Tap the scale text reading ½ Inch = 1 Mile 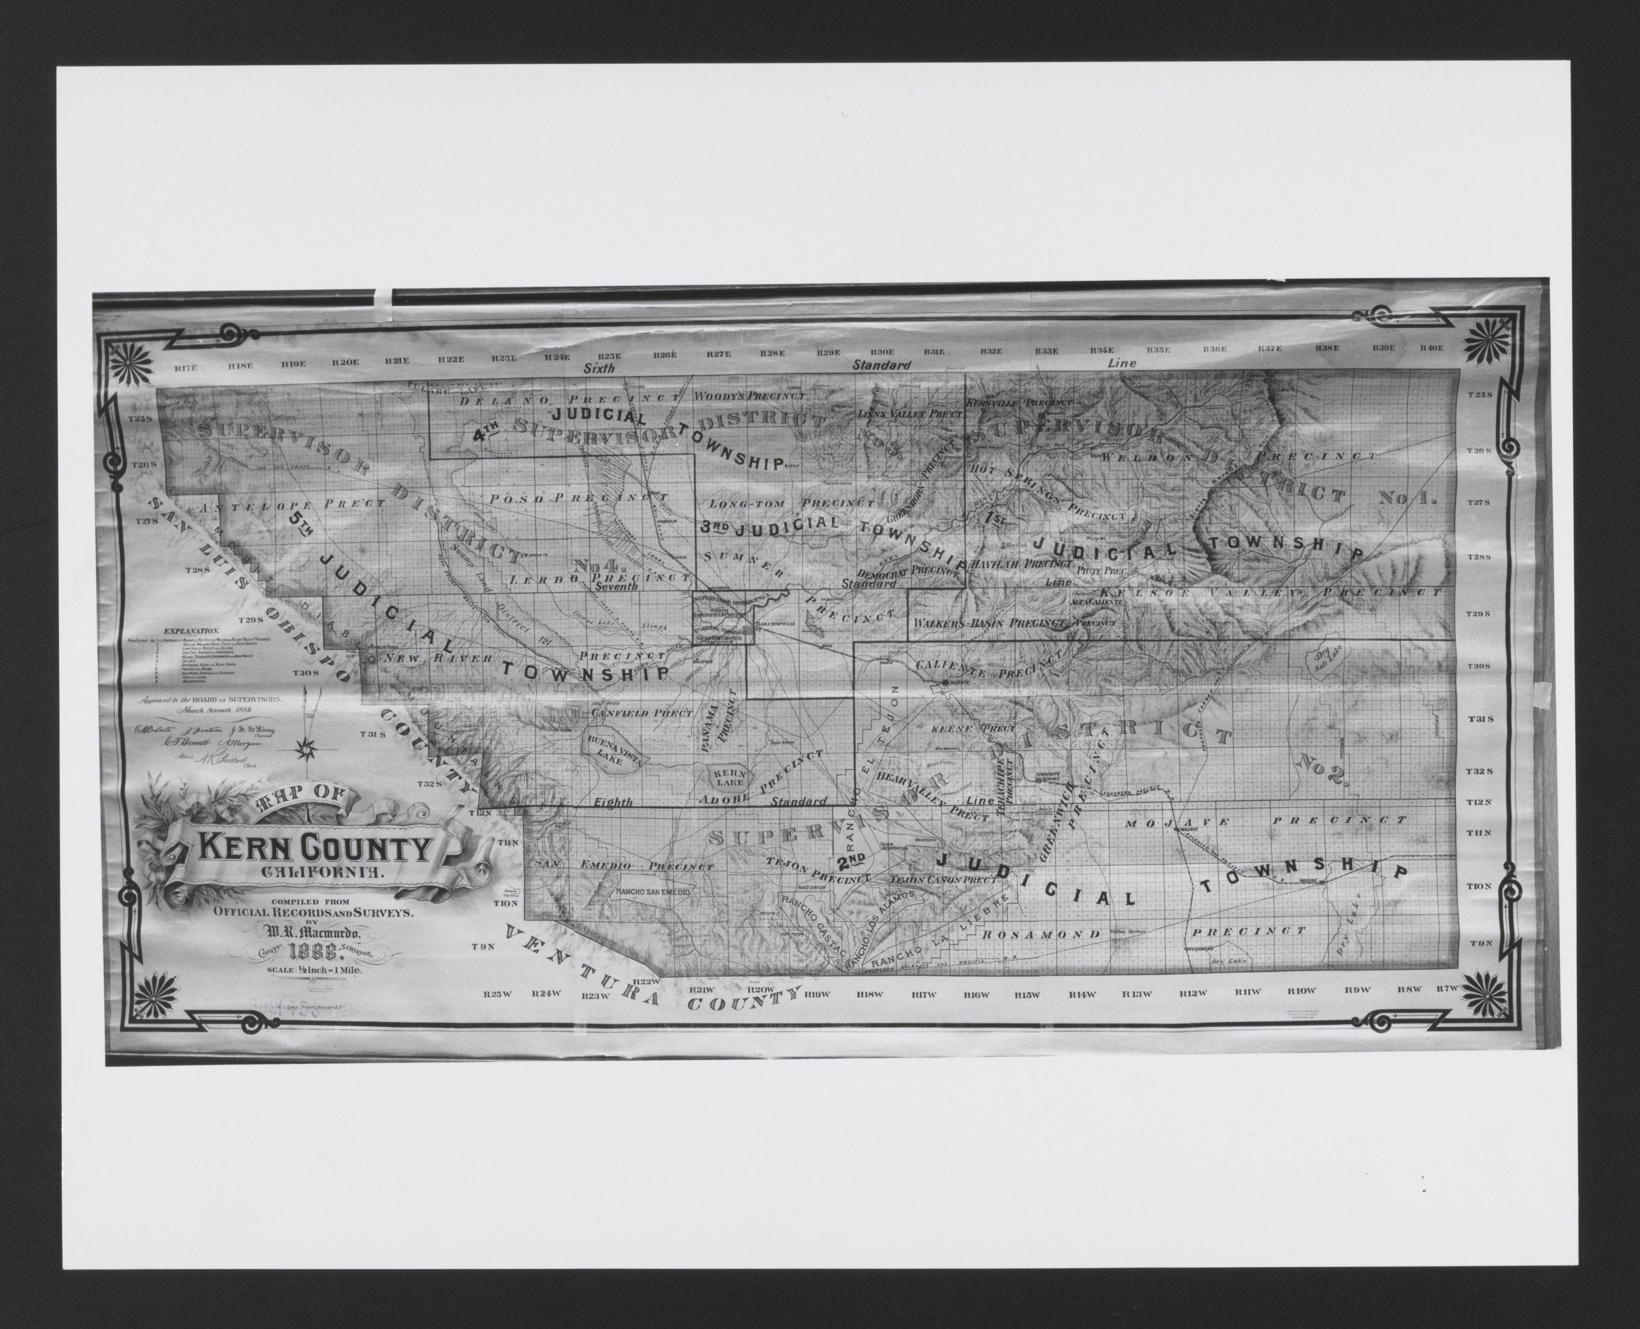[315, 970]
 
